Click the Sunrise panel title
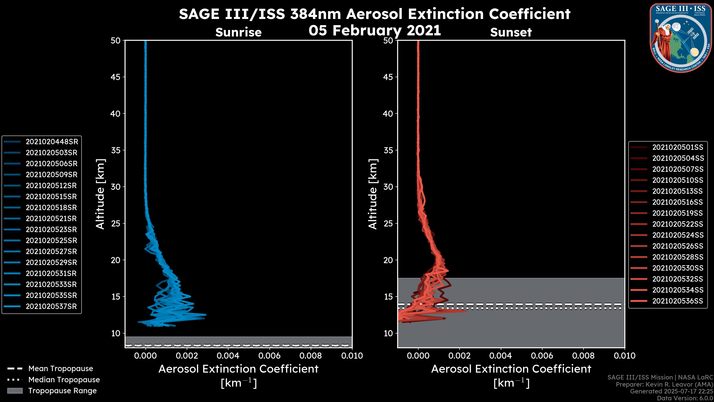point(238,32)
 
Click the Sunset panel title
point(511,32)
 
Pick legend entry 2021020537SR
point(51,307)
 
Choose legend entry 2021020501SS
point(678,147)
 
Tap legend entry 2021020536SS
point(678,301)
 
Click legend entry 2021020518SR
point(51,208)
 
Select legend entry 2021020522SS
point(678,224)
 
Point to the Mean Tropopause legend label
point(61,369)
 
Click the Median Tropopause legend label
point(64,380)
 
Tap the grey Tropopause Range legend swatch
point(15,391)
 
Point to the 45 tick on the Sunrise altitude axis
point(116,77)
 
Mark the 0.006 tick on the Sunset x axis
point(542,356)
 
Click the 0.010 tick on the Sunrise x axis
point(352,356)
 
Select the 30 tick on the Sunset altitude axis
point(388,187)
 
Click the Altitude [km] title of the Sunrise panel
point(100,194)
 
